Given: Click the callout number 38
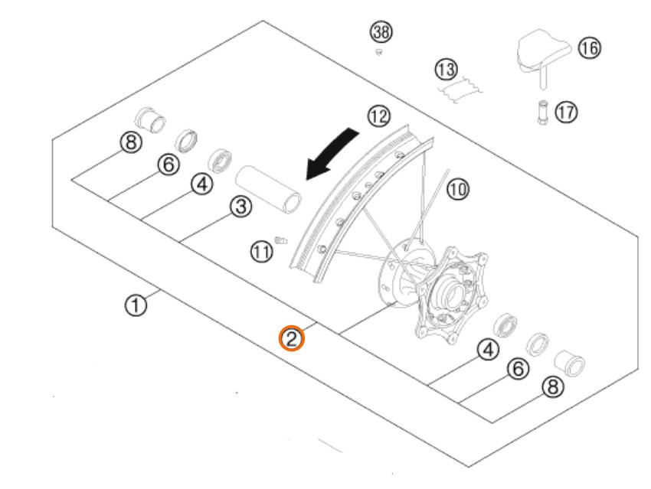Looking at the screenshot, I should point(379,31).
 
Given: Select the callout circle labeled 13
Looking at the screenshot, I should point(446,70).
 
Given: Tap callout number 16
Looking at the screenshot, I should point(588,48).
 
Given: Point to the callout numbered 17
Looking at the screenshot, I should point(566,112).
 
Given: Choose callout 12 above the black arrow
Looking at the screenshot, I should point(378,116).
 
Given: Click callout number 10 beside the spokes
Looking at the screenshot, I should point(457,189).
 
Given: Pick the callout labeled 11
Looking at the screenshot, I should point(263,250).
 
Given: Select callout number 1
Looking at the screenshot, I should point(136,306).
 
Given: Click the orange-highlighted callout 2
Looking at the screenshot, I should point(291,337).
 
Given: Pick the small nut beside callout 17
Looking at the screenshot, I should point(542,112).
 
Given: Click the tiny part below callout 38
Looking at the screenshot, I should point(378,52).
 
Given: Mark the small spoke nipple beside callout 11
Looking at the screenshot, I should point(280,241).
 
